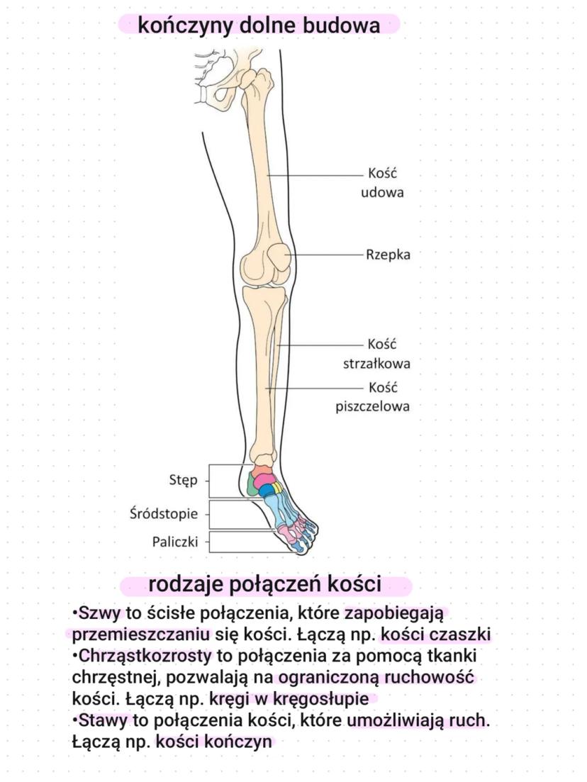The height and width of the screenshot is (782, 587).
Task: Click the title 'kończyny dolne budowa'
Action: coord(259,26)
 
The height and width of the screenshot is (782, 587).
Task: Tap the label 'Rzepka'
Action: coord(388,255)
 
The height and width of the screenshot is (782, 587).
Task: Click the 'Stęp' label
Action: coord(184,479)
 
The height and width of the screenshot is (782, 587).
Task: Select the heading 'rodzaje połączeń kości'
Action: coord(265,586)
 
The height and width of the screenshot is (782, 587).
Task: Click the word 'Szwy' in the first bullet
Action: coord(100,613)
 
